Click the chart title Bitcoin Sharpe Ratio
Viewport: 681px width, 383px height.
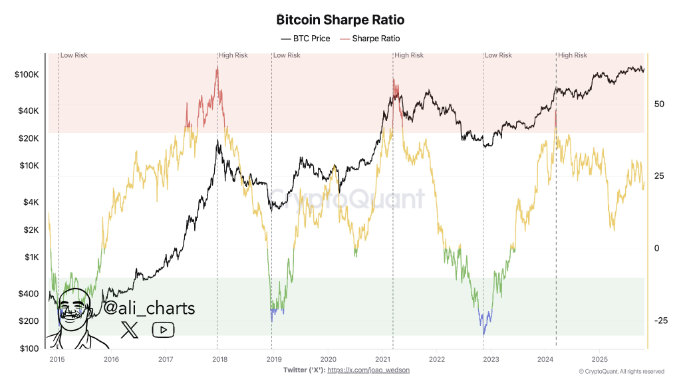click(340, 21)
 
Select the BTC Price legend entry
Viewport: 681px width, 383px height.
click(305, 39)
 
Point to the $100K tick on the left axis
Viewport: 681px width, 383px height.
click(27, 75)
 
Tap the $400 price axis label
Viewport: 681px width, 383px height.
click(29, 294)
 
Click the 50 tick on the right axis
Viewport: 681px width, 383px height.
click(659, 104)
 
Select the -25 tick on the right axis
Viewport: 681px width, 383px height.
click(660, 320)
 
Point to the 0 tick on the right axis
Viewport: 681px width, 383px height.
click(656, 248)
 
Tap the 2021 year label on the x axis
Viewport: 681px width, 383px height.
click(382, 359)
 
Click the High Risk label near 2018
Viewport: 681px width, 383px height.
click(233, 55)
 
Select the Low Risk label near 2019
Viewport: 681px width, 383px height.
click(287, 55)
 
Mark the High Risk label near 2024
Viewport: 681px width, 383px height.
click(573, 55)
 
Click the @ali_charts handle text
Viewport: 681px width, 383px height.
click(149, 308)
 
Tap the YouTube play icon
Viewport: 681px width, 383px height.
click(163, 329)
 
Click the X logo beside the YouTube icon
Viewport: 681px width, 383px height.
click(129, 329)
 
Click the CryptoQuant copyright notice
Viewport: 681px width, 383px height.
click(621, 371)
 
